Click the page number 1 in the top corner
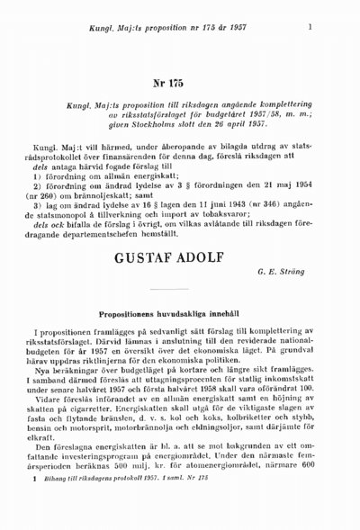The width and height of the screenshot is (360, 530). pyautogui.click(x=310, y=27)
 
